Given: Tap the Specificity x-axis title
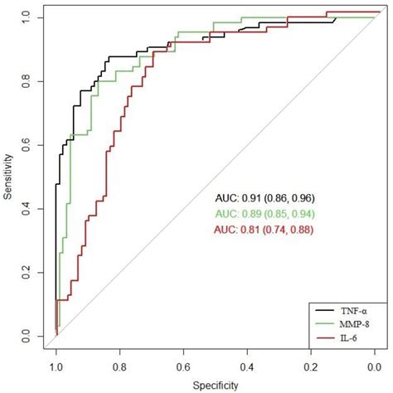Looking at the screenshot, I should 216,385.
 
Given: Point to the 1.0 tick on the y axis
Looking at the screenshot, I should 27,17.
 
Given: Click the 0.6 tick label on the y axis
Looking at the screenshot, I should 27,144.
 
